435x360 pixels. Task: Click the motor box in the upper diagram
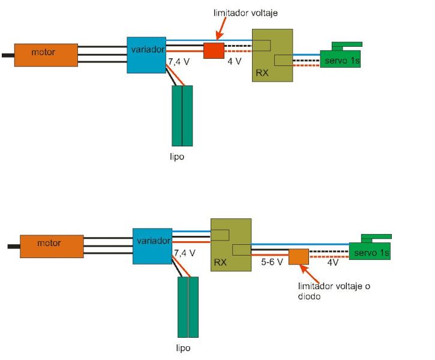(x=46, y=54)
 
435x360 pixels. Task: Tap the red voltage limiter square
(x=213, y=50)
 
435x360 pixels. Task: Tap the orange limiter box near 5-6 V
(x=298, y=256)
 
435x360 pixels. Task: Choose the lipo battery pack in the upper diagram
(x=182, y=115)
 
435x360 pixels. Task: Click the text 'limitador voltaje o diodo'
(x=334, y=291)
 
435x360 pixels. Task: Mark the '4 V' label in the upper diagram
(x=235, y=62)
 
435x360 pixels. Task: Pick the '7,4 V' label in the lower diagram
(x=184, y=254)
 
